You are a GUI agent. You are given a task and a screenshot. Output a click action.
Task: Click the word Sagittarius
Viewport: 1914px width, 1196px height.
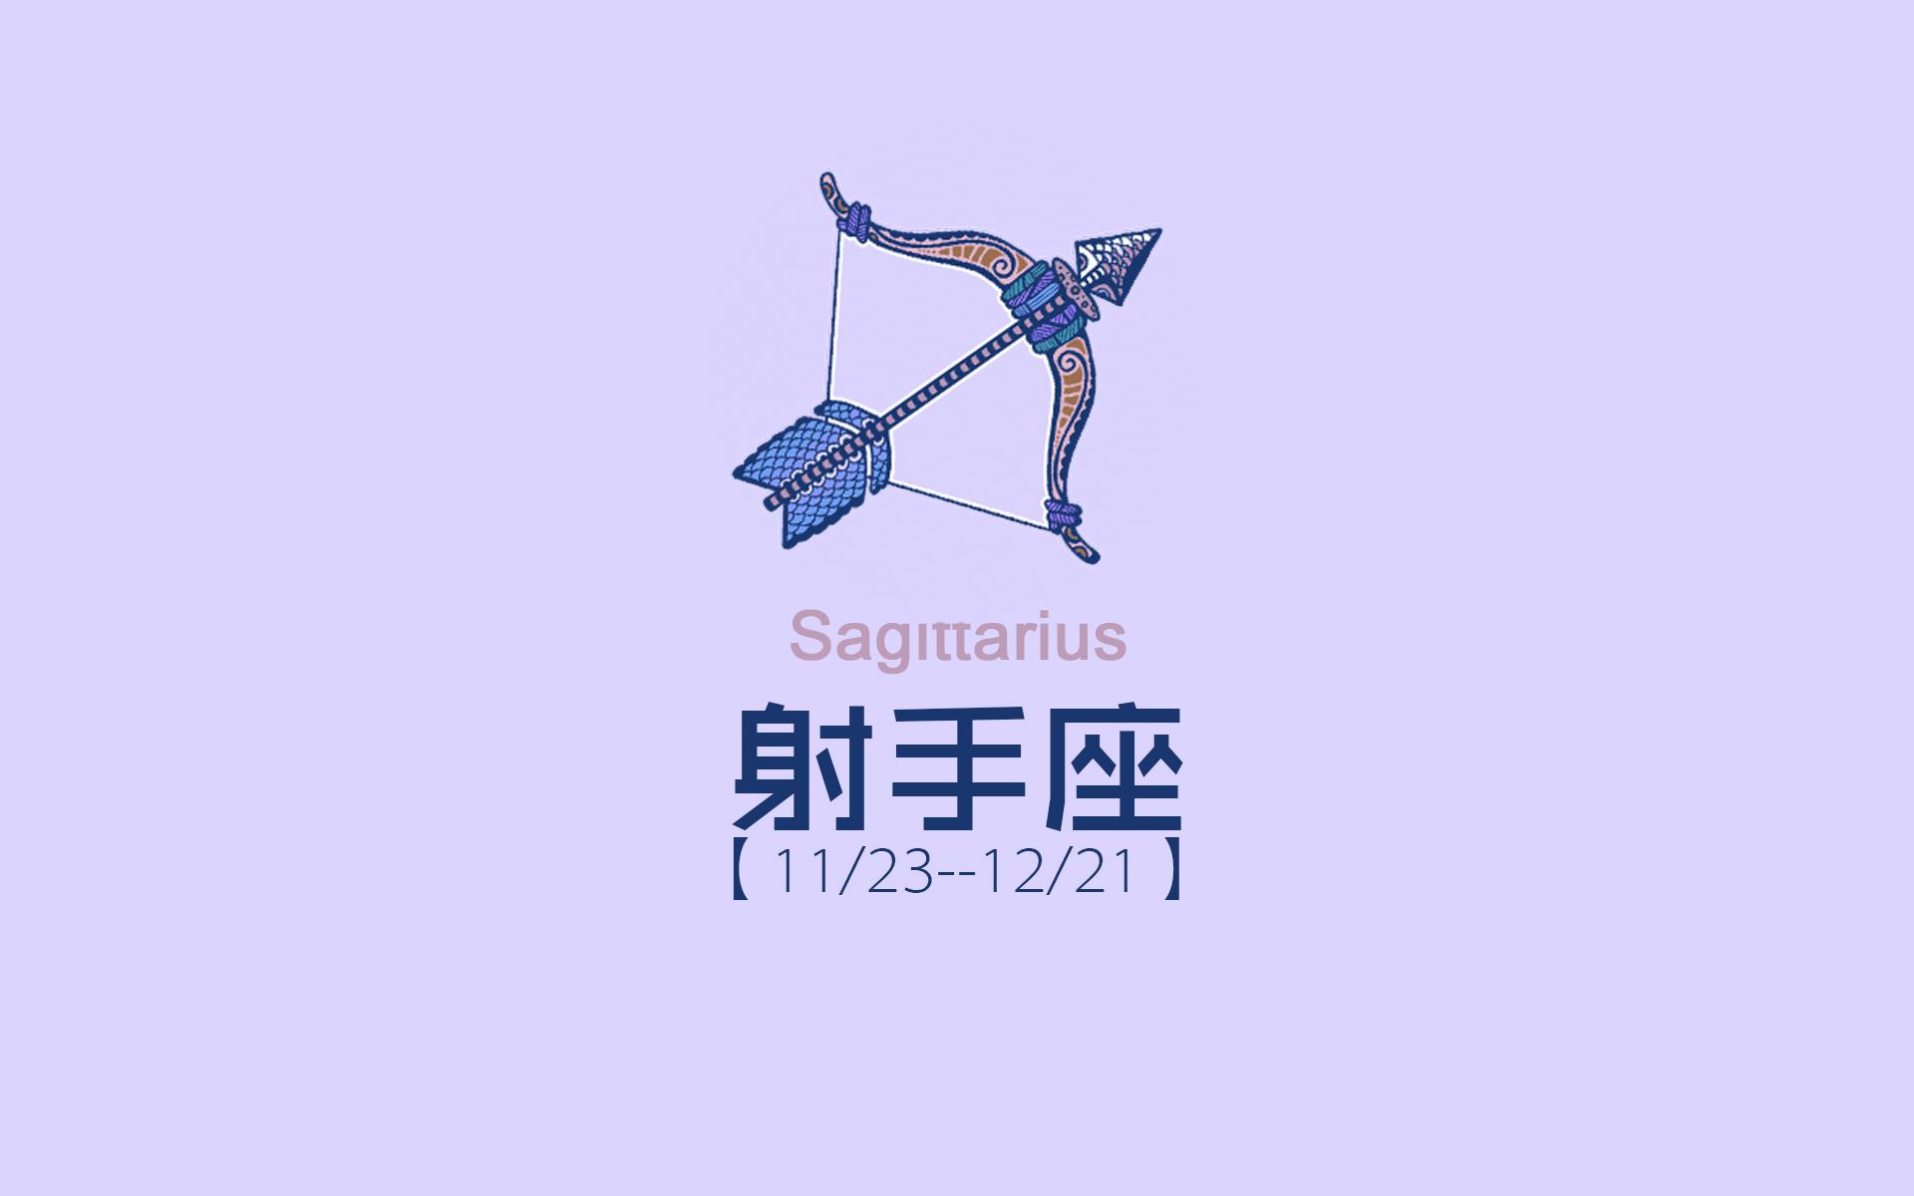(x=957, y=638)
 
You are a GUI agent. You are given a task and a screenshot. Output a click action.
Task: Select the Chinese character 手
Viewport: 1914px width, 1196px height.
(x=956, y=768)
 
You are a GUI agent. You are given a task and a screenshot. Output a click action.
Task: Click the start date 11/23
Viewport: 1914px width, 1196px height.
(x=852, y=874)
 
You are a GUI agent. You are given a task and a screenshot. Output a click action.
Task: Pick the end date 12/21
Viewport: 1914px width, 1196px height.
(x=1060, y=874)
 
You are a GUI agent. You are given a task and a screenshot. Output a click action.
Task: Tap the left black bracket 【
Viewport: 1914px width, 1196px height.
(x=741, y=874)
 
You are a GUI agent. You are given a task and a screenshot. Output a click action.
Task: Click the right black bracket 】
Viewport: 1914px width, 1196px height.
(x=1172, y=874)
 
